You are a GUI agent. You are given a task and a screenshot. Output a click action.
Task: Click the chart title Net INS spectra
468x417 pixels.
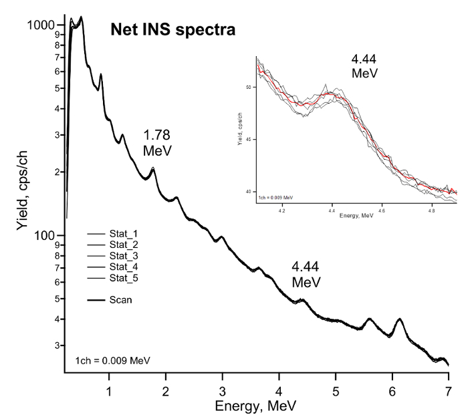[x=171, y=29]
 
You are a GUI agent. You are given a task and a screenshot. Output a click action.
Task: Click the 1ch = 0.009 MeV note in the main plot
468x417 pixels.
[x=112, y=360]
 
